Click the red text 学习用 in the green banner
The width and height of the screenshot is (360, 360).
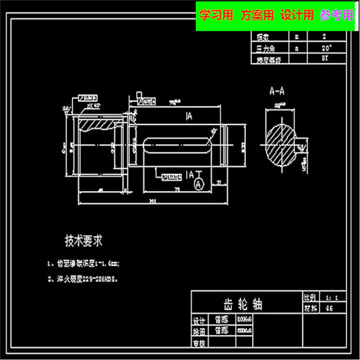[x=216, y=15]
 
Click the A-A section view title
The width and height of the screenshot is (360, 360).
[x=280, y=91]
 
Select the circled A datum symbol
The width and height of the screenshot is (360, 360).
[x=198, y=185]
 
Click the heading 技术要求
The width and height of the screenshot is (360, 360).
[x=84, y=241]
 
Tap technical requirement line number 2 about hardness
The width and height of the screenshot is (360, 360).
[x=82, y=280]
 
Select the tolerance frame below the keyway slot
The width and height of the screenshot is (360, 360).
[x=171, y=177]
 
